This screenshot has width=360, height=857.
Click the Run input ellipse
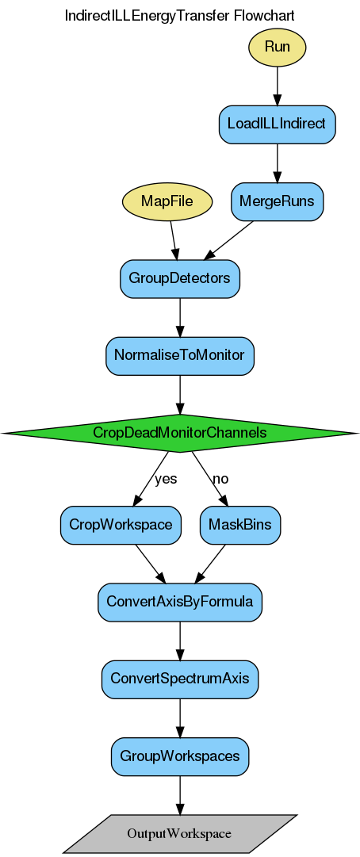[x=277, y=47]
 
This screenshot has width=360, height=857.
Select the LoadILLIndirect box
[x=277, y=124]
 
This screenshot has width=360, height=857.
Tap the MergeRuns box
[x=277, y=201]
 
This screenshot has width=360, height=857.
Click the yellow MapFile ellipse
[x=167, y=201]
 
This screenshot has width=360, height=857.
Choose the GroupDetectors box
[x=180, y=279]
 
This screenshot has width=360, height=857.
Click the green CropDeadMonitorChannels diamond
[x=180, y=433]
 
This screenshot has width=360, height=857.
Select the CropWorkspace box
[x=121, y=525]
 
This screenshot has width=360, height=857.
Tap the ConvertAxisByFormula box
[x=180, y=602]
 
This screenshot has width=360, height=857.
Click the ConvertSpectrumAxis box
[x=180, y=679]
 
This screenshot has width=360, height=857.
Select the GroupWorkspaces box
[x=180, y=756]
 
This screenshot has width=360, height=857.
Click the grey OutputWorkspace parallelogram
[x=180, y=833]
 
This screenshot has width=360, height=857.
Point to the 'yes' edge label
[x=166, y=479]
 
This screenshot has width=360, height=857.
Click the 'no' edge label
[x=220, y=479]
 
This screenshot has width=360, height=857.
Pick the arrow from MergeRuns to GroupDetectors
[x=229, y=239]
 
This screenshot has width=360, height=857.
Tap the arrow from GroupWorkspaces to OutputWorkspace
[x=180, y=794]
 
